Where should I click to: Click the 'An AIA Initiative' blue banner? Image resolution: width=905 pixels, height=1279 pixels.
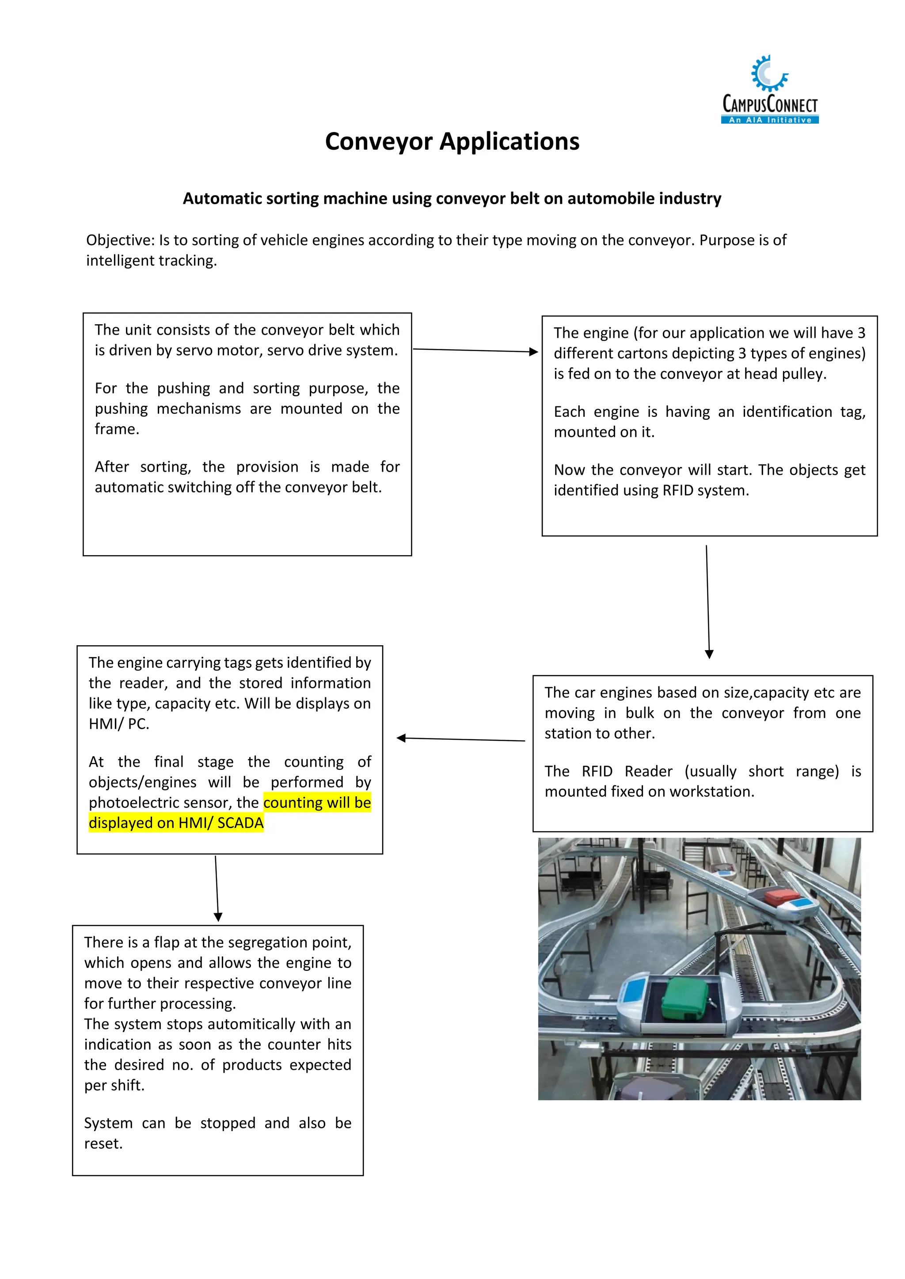(x=770, y=120)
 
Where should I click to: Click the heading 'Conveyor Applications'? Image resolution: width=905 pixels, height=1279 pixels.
(x=452, y=141)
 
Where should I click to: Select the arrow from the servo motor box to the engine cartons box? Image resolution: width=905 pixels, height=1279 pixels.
(x=475, y=350)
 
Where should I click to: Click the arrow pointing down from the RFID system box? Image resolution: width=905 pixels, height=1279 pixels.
(x=708, y=602)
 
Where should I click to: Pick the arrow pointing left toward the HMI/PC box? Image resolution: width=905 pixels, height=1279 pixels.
(x=460, y=739)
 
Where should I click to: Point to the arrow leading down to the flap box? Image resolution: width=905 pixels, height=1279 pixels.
(x=217, y=888)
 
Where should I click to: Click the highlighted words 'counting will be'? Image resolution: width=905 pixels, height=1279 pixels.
(x=316, y=803)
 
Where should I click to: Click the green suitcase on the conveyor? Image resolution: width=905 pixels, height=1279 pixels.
(x=684, y=998)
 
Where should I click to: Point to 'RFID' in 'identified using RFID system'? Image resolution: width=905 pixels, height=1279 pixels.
(x=677, y=491)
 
